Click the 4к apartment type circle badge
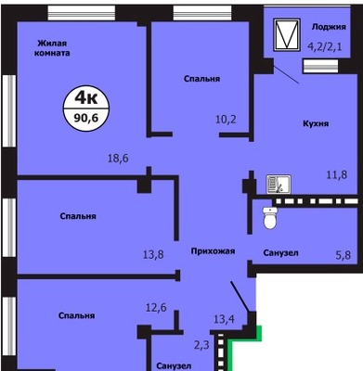(x=86, y=109)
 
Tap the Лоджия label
(x=329, y=27)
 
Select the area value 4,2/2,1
(x=325, y=47)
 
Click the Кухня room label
(x=316, y=123)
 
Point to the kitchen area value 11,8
(x=337, y=175)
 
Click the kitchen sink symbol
(x=279, y=185)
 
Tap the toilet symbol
(x=270, y=218)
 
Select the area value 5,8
(x=344, y=255)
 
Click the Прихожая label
(x=213, y=251)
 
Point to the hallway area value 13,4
(x=224, y=319)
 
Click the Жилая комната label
(x=52, y=48)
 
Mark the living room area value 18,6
(x=118, y=159)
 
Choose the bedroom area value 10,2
(x=226, y=119)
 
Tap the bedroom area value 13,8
(x=153, y=255)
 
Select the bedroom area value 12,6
(x=156, y=308)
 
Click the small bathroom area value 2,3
(x=201, y=345)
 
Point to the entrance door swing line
(x=240, y=297)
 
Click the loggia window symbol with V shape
(x=287, y=34)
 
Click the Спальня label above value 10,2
(x=201, y=79)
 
